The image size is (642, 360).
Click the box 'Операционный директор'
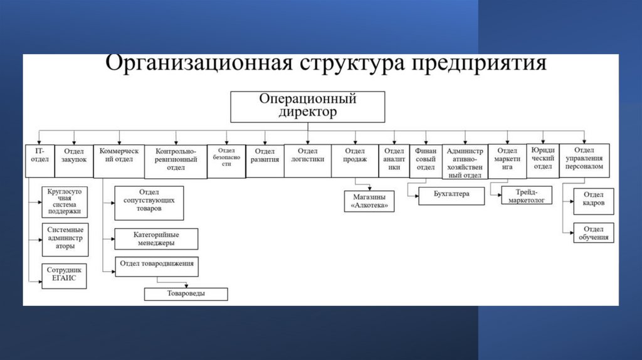coord(307,106)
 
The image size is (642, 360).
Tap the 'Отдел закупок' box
coord(74,155)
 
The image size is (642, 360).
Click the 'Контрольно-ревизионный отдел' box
coord(176,160)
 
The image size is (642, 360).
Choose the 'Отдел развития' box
coord(265,156)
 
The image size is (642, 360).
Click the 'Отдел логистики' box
coord(307,155)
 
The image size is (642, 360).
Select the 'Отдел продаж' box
coord(354,155)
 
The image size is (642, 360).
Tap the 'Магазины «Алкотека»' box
coord(370,201)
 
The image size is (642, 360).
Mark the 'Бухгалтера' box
coord(451,195)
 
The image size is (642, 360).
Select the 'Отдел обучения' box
coord(593,233)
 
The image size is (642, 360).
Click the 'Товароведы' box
coord(186,294)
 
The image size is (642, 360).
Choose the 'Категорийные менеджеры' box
coord(156,238)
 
